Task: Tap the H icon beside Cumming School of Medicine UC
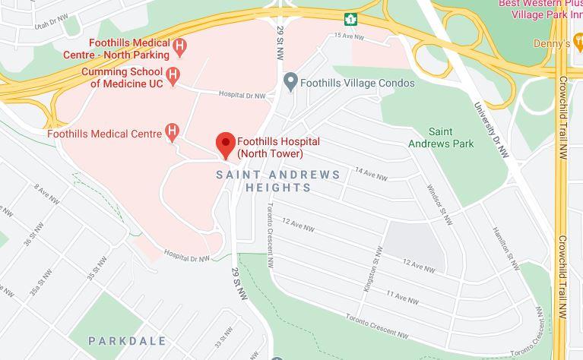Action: (174, 75)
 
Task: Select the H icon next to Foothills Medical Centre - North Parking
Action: (180, 47)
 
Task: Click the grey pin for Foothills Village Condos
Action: (290, 81)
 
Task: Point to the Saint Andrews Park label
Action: (441, 137)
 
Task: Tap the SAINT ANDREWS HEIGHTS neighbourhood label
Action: (278, 181)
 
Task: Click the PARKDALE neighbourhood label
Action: (127, 341)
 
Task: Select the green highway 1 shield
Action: (350, 18)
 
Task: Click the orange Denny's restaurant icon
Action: (578, 44)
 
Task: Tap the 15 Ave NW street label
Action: (350, 36)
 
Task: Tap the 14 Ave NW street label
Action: (371, 175)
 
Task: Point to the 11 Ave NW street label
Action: (402, 297)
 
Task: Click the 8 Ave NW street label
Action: (46, 194)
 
